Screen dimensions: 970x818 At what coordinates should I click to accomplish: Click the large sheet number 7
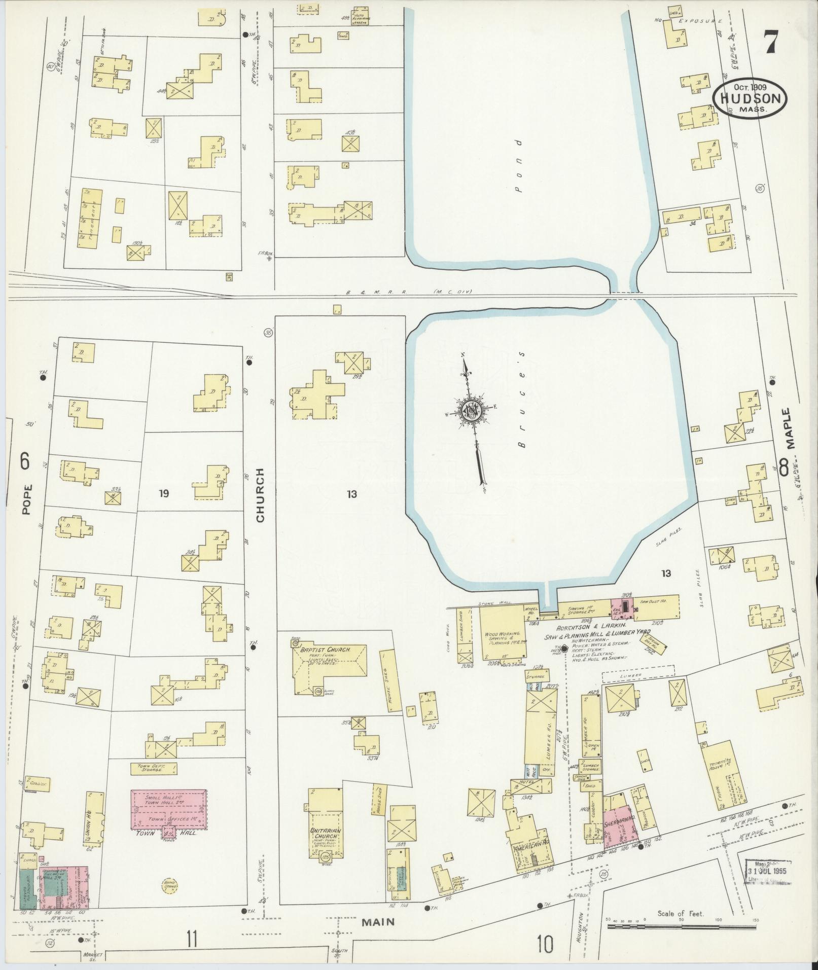click(x=770, y=42)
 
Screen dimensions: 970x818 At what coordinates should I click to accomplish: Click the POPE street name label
click(x=27, y=499)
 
